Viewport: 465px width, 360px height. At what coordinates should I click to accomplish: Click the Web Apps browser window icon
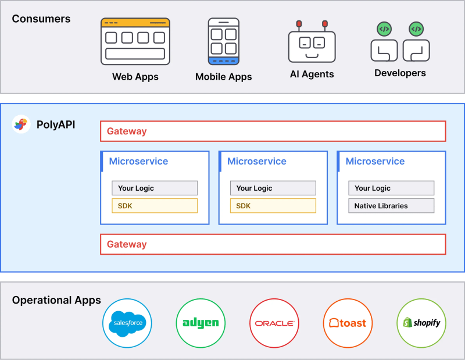coord(135,41)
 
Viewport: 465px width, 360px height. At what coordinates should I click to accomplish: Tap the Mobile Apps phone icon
coord(223,41)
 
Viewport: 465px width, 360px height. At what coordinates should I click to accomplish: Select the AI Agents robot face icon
coord(312,44)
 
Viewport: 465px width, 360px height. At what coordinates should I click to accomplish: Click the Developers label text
coord(400,73)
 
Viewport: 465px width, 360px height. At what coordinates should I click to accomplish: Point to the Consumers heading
coord(41,19)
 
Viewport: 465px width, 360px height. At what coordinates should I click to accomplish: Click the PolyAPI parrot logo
coord(21,124)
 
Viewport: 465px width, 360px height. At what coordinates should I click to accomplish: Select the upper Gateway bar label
coord(127,131)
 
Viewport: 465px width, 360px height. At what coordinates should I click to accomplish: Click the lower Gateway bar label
coord(127,244)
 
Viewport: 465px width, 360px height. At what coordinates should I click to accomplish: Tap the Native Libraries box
coord(391,206)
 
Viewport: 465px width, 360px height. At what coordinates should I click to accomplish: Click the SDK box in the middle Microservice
coord(273,206)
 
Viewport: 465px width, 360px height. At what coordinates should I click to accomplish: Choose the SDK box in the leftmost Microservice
coord(154,206)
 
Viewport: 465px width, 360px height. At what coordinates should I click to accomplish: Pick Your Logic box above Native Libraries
coord(391,188)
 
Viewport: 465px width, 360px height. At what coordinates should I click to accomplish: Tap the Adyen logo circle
coord(201,323)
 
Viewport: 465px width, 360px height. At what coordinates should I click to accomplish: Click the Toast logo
coord(348,323)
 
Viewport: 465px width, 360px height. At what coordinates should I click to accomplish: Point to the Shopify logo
coord(421,323)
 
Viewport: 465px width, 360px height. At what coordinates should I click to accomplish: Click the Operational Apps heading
coord(56,301)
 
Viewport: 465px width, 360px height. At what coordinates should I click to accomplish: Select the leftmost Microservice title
coord(138,161)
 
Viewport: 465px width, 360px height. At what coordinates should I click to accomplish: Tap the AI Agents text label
coord(312,74)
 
